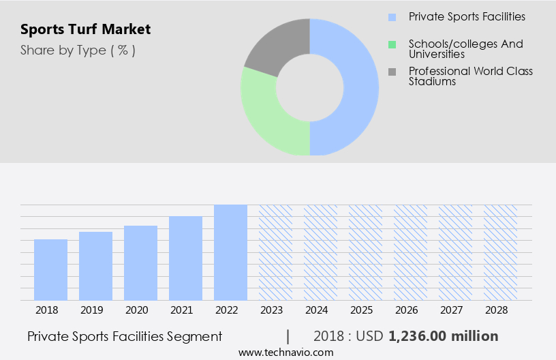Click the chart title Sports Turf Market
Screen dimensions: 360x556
pos(86,29)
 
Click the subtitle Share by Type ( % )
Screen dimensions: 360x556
pos(78,50)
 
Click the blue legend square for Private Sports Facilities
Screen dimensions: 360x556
pos(392,17)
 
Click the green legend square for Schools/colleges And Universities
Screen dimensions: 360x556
pos(392,44)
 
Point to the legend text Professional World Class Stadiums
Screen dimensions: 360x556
pos(470,76)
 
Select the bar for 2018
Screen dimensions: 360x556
pos(50,269)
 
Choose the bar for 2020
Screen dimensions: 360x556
pos(140,262)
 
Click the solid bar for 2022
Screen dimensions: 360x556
pos(230,252)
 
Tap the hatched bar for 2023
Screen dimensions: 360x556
pos(275,252)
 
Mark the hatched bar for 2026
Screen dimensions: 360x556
pos(410,252)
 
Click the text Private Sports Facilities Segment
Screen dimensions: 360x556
pos(125,336)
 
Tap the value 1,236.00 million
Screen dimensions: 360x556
pos(443,336)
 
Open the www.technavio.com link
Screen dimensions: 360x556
pos(286,352)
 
